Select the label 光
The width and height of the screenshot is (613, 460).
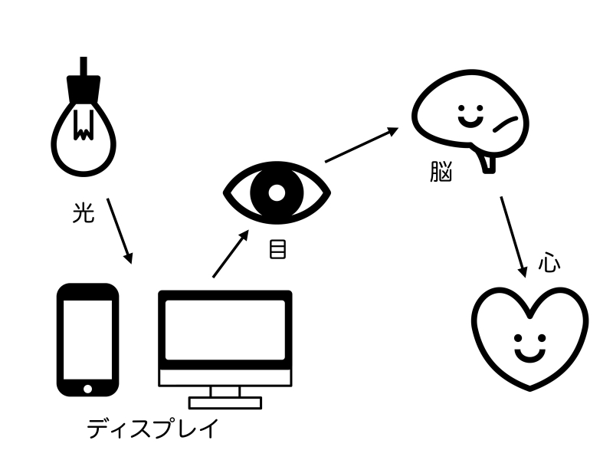pos(83,214)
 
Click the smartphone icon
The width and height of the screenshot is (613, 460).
pos(88,340)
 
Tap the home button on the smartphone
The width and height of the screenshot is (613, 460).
pos(88,386)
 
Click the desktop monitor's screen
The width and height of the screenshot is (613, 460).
pos(225,329)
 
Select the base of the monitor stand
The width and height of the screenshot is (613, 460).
pos(225,402)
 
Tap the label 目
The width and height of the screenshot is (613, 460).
pos(277,249)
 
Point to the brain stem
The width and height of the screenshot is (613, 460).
pos(487,161)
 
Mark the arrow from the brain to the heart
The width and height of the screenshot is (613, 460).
pos(513,236)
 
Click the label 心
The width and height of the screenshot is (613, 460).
pos(549,264)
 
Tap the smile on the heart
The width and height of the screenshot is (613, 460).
pos(529,354)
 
